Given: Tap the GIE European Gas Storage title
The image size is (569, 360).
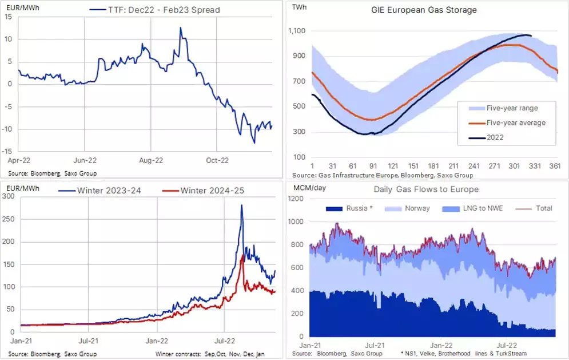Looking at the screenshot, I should [424, 10].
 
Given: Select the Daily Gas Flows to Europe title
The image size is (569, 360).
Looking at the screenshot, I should [426, 189].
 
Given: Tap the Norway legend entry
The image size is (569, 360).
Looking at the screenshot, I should [415, 208].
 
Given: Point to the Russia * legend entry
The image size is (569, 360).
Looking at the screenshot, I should [360, 208].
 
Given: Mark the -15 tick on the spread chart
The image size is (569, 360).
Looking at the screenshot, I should [9, 151].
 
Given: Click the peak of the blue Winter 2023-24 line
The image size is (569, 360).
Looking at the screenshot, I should [241, 205].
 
